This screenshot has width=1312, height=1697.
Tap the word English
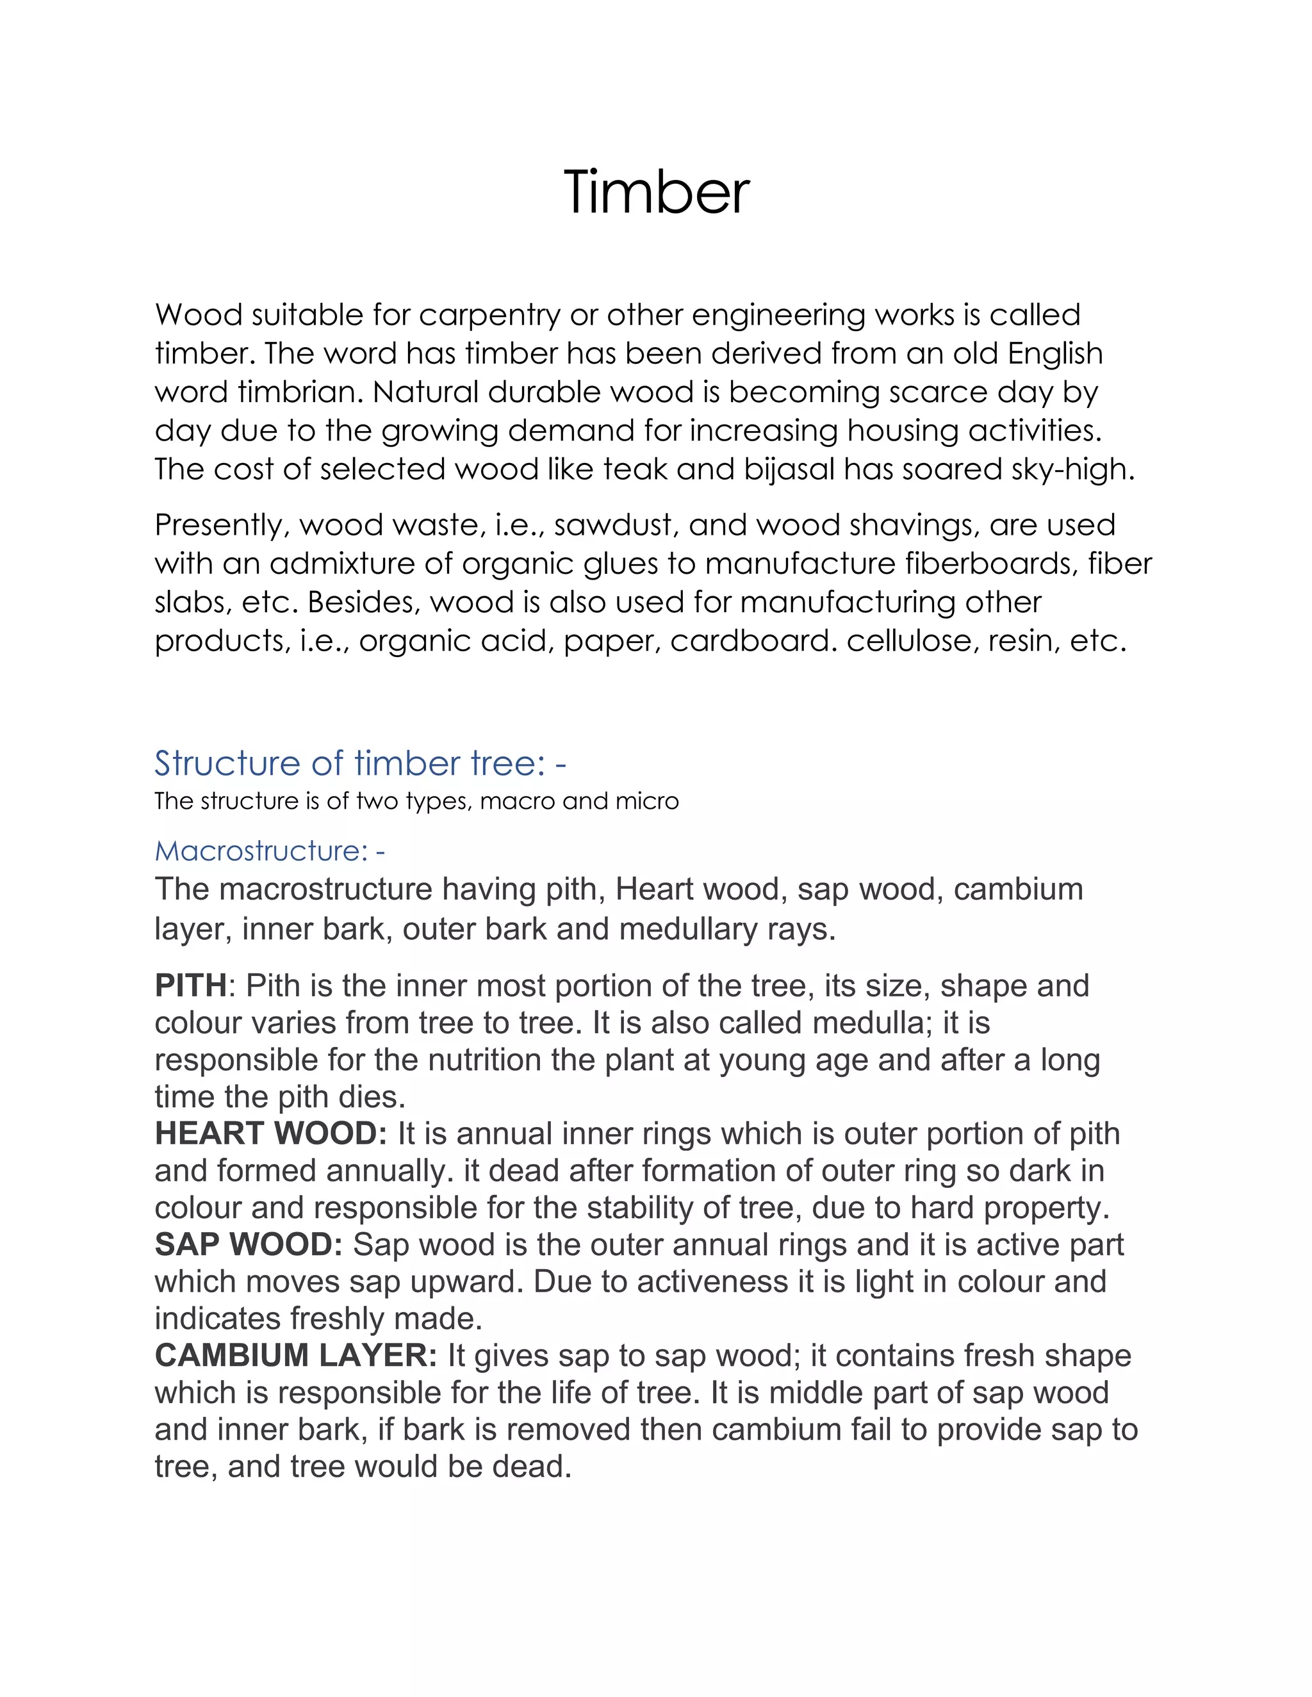tap(1054, 353)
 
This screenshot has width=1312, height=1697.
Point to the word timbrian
tap(300, 392)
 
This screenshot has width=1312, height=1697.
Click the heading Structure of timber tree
tap(360, 763)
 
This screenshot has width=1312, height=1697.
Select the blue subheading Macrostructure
tap(269, 851)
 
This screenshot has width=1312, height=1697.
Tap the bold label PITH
tap(190, 986)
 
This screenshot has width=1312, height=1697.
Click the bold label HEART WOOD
tap(270, 1133)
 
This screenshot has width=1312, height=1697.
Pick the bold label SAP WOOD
tap(248, 1244)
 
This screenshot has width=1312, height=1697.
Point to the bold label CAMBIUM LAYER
tap(296, 1355)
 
